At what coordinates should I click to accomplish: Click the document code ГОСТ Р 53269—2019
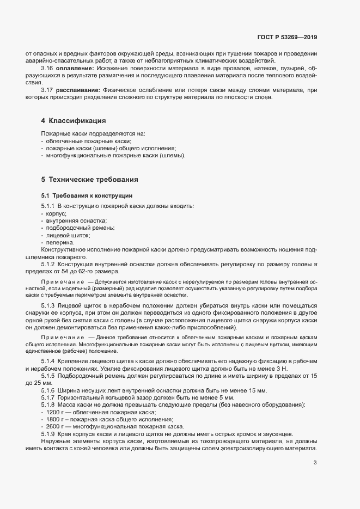pyautogui.click(x=287, y=38)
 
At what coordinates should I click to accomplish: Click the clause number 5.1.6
pyautogui.click(x=48, y=391)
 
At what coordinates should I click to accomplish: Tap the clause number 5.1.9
pyautogui.click(x=48, y=433)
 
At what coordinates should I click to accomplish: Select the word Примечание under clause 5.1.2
pyautogui.click(x=63, y=281)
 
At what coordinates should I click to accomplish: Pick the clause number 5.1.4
pyautogui.click(x=48, y=361)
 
